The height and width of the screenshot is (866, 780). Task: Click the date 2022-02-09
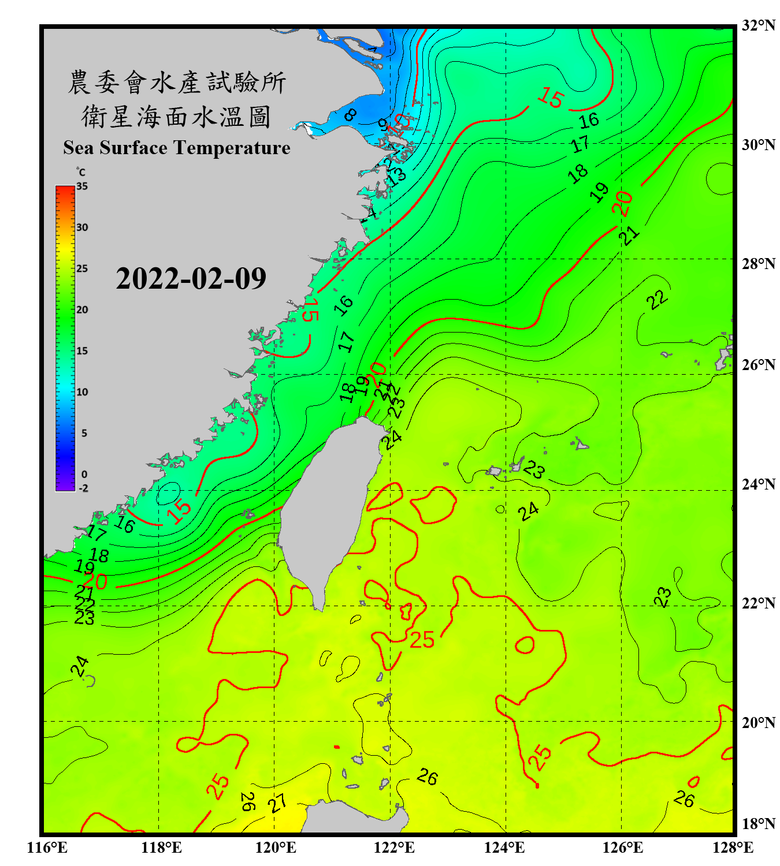tap(191, 278)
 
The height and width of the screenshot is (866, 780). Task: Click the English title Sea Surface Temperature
tap(177, 148)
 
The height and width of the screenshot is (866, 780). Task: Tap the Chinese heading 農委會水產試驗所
tap(177, 82)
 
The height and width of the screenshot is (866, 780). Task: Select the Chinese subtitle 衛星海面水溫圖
tap(177, 117)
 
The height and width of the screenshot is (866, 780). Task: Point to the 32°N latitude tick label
tap(758, 25)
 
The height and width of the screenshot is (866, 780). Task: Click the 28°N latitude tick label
tap(758, 264)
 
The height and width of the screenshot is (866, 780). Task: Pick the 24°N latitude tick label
tap(758, 484)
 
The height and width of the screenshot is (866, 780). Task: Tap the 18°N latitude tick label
tap(758, 824)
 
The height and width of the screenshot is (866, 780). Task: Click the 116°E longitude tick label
tap(47, 848)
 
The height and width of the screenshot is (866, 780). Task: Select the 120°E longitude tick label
tap(276, 848)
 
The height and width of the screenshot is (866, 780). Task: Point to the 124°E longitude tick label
tap(504, 848)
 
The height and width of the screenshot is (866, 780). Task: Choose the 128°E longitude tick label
tap(733, 848)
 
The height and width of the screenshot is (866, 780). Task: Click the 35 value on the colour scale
tap(82, 186)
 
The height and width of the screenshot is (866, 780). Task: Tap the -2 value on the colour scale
tap(83, 488)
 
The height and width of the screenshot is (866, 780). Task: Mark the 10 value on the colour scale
tap(82, 392)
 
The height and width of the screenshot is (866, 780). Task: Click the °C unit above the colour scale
tap(81, 172)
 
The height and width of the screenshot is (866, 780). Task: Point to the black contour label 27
tap(278, 802)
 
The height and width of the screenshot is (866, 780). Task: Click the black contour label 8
tap(350, 115)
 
